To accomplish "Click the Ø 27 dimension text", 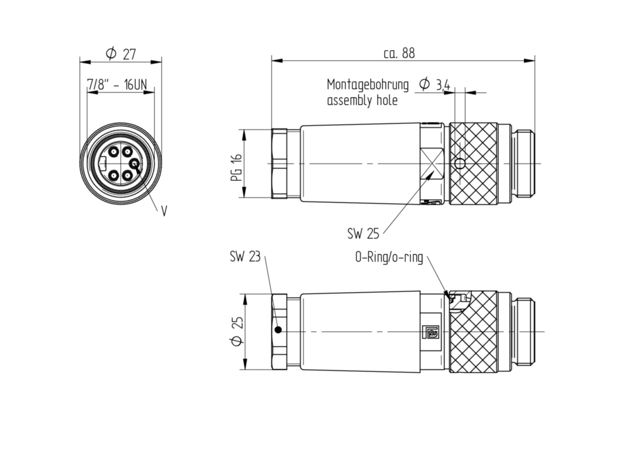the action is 121,53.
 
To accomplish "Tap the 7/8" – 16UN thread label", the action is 117,85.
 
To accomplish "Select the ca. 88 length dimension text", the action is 399,53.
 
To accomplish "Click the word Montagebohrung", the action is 368,85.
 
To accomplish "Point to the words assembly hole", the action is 363,101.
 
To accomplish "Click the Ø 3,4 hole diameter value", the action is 435,85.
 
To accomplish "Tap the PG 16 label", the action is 236,167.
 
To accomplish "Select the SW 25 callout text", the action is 363,234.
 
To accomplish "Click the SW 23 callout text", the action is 245,256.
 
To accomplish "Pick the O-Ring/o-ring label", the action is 389,257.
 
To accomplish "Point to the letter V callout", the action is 164,211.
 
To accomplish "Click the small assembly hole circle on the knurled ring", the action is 460,164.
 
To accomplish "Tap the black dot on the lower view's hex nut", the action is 279,330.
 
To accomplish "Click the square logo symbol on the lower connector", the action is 431,332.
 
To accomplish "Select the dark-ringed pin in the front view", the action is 134,164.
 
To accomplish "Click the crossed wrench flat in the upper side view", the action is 432,164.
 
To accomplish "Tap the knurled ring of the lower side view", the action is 473,331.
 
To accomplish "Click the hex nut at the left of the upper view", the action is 279,164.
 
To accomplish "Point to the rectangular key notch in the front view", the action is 102,164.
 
